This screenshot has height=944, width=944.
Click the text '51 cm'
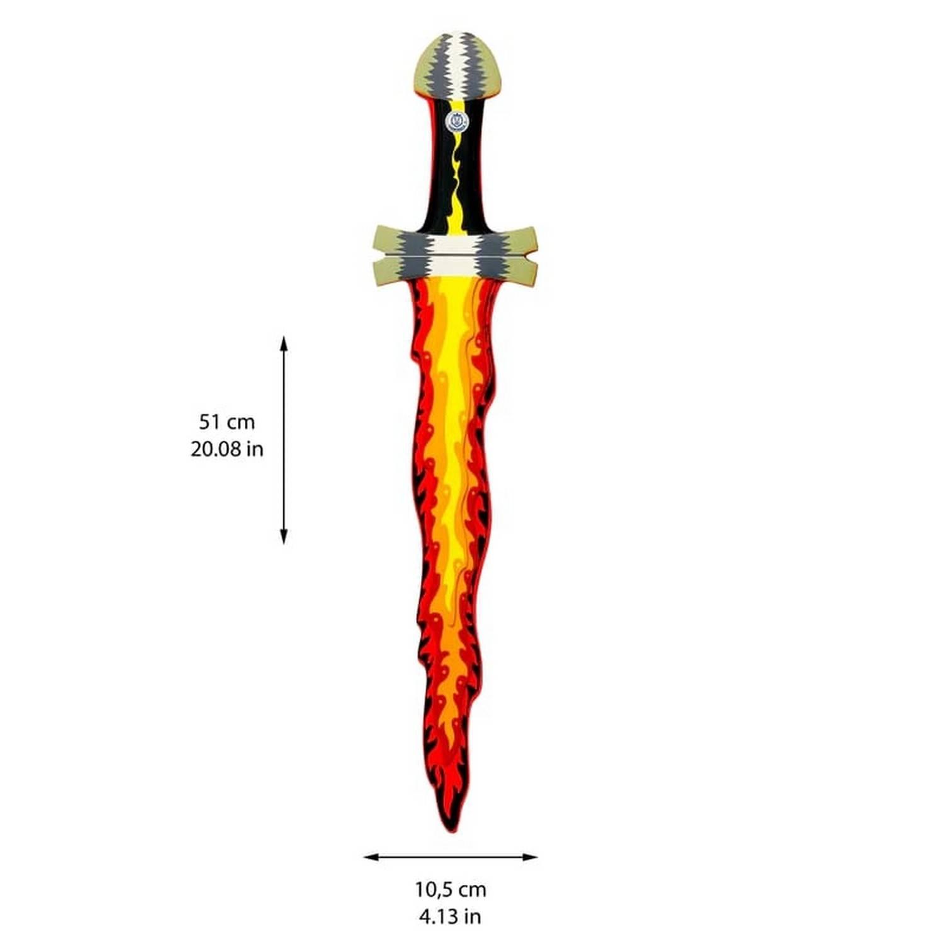(227, 421)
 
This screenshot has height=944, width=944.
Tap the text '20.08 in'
(227, 449)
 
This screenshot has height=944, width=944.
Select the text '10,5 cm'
(451, 889)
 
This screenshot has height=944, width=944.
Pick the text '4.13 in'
(450, 916)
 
